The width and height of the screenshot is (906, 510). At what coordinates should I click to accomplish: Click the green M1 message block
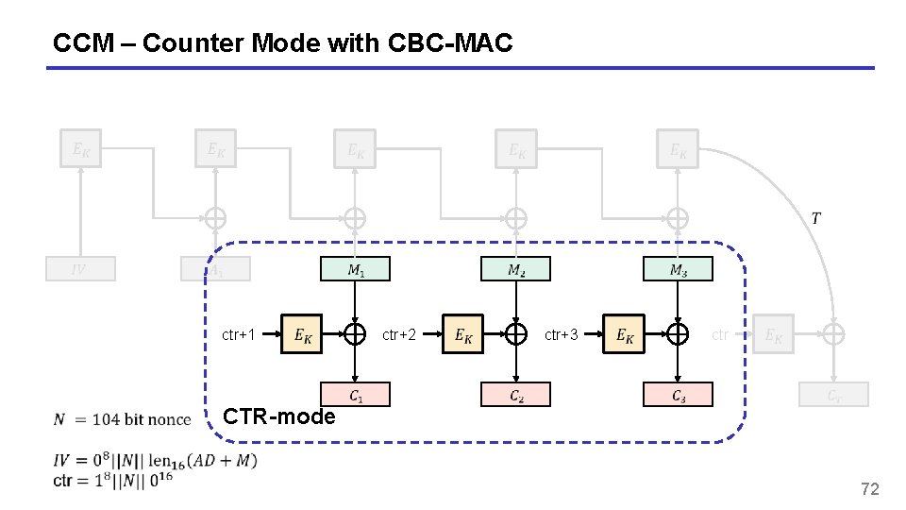tap(355, 269)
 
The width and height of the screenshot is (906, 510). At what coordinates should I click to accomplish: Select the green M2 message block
tap(516, 269)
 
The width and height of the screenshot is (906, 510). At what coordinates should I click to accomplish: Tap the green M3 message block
tap(678, 269)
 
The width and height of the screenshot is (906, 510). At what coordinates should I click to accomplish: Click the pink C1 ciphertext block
tap(355, 395)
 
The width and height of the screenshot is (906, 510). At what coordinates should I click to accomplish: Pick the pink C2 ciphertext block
tap(516, 395)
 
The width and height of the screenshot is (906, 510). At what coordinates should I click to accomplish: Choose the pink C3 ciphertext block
tap(678, 395)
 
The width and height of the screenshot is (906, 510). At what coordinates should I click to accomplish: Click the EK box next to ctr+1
tap(302, 334)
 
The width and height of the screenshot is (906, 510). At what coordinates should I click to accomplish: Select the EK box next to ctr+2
tap(463, 334)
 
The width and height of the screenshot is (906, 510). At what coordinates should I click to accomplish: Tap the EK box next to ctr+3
tap(624, 334)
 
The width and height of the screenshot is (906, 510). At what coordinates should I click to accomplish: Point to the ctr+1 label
tap(238, 334)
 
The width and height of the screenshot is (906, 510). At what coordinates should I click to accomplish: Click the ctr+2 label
tap(399, 334)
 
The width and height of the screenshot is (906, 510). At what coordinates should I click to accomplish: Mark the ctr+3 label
tap(562, 334)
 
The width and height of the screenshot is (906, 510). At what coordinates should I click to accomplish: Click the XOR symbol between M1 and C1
tap(355, 334)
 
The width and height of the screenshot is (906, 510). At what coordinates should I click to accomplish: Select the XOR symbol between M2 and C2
tap(516, 334)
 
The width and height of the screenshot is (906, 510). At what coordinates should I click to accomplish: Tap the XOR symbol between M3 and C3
tap(678, 334)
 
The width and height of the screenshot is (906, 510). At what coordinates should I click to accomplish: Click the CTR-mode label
tap(278, 416)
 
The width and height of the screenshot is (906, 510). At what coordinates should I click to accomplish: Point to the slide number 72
tap(869, 488)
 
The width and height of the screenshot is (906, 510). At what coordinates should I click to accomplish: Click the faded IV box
tap(81, 269)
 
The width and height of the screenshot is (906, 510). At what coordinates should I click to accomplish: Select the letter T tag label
tap(815, 219)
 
